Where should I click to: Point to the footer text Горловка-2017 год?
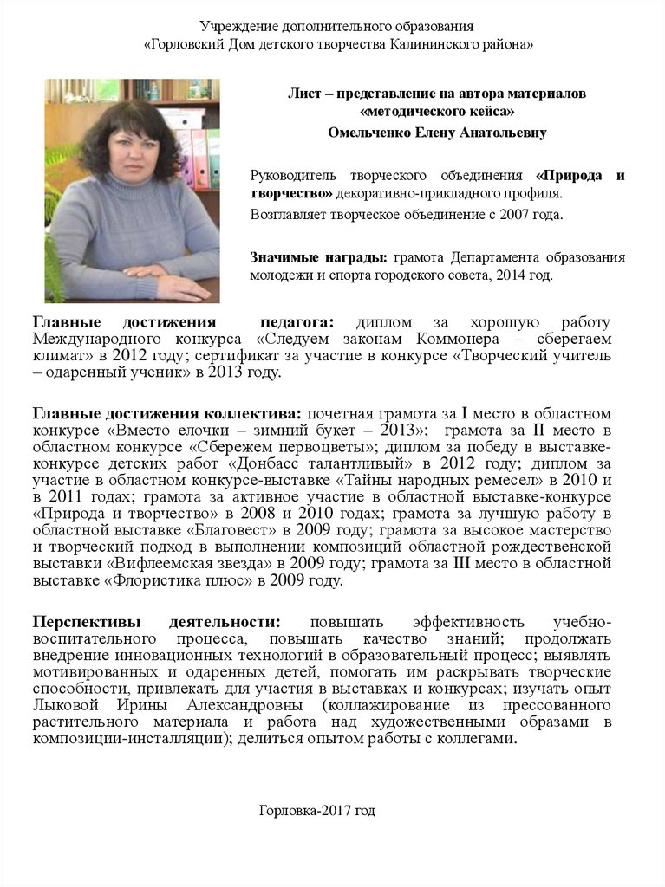(317, 810)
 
